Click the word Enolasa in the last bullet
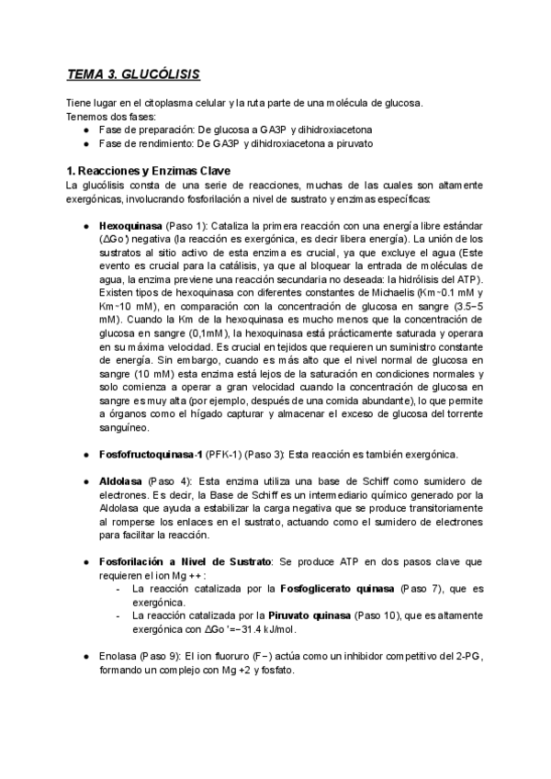click(119, 657)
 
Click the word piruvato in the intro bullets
click(352, 143)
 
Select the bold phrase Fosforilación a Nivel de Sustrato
click(185, 560)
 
